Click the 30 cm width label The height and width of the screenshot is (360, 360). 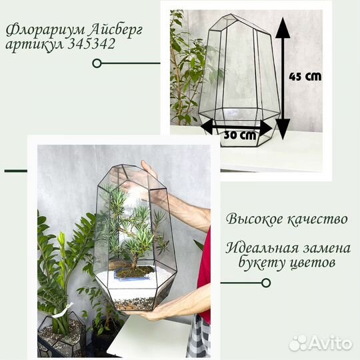(x=240, y=135)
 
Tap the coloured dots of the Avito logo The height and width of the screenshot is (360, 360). (x=299, y=342)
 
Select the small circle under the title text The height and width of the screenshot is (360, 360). (x=97, y=63)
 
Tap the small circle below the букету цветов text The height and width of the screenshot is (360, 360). (x=266, y=283)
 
